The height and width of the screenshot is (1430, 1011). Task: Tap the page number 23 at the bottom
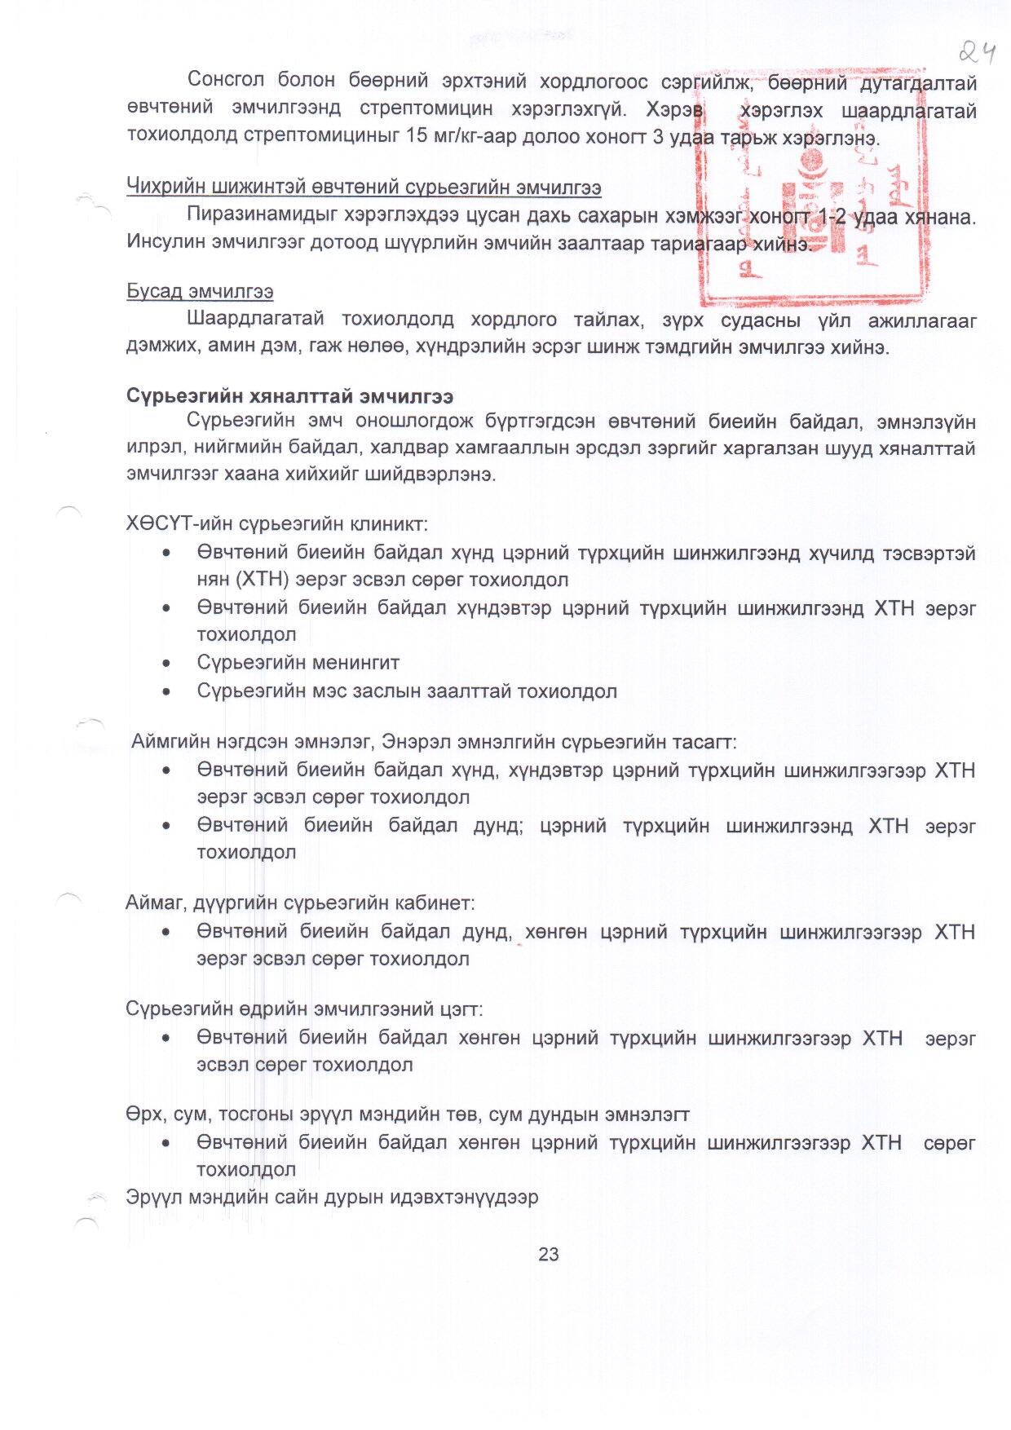pyautogui.click(x=548, y=1255)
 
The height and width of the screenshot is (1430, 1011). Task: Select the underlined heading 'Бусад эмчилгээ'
pyautogui.click(x=200, y=292)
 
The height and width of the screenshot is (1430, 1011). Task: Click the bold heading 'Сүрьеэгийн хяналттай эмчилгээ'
pyautogui.click(x=289, y=396)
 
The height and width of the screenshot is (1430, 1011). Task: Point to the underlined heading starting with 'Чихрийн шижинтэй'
pyautogui.click(x=364, y=188)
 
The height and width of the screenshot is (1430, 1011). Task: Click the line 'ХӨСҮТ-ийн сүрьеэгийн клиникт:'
pyautogui.click(x=276, y=523)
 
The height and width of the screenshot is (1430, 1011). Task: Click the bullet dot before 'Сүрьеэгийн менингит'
pyautogui.click(x=166, y=664)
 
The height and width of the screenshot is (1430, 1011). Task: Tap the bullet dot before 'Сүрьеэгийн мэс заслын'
pyautogui.click(x=166, y=692)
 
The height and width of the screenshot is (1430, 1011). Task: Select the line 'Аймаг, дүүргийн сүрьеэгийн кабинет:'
pyautogui.click(x=300, y=903)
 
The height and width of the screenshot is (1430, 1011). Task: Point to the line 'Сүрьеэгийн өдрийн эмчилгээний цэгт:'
pyautogui.click(x=304, y=1009)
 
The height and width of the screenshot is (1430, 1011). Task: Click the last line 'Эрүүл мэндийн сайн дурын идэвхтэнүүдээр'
pyautogui.click(x=332, y=1197)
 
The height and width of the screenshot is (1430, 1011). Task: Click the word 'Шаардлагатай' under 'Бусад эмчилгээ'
pyautogui.click(x=255, y=319)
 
